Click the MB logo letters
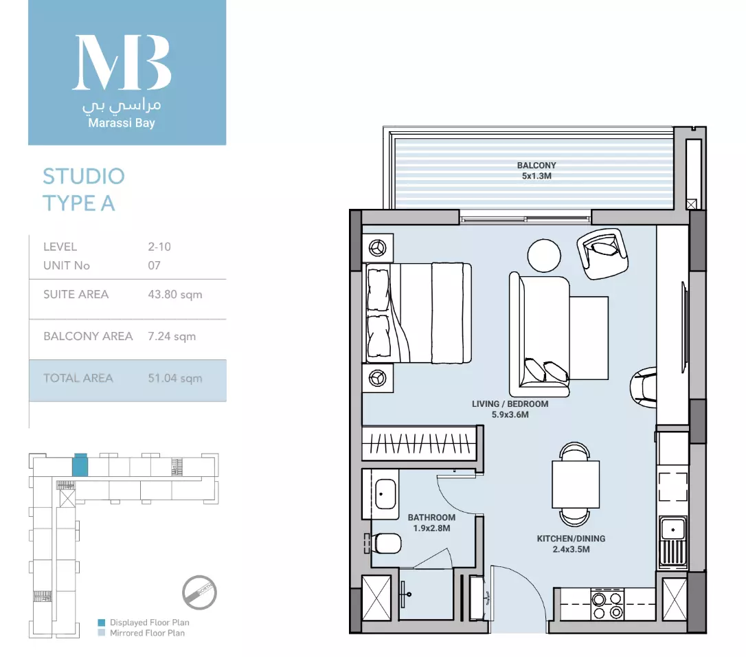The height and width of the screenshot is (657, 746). click(x=122, y=63)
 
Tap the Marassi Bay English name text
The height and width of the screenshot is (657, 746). click(x=122, y=123)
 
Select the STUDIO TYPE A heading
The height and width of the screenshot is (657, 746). click(x=84, y=190)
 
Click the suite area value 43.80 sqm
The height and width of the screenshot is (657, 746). click(x=175, y=294)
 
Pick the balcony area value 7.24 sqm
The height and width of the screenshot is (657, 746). click(x=172, y=336)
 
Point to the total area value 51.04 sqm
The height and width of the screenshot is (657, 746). click(x=175, y=378)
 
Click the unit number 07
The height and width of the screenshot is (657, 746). click(x=154, y=265)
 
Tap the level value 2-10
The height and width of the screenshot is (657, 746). click(x=159, y=247)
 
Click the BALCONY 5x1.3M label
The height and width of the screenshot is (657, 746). click(x=536, y=170)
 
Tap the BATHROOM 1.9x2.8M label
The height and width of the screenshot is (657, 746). click(x=431, y=523)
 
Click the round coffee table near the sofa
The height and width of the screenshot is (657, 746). click(x=544, y=256)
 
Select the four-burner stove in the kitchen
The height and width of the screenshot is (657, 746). click(x=607, y=605)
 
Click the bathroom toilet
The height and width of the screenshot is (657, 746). click(x=386, y=543)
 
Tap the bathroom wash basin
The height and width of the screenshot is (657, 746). click(x=386, y=494)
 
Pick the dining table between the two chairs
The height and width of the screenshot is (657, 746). click(x=576, y=485)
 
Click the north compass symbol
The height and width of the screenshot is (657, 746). click(x=199, y=592)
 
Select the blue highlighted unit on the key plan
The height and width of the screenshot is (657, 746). click(x=80, y=465)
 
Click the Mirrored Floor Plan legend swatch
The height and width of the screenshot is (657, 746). click(x=102, y=633)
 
